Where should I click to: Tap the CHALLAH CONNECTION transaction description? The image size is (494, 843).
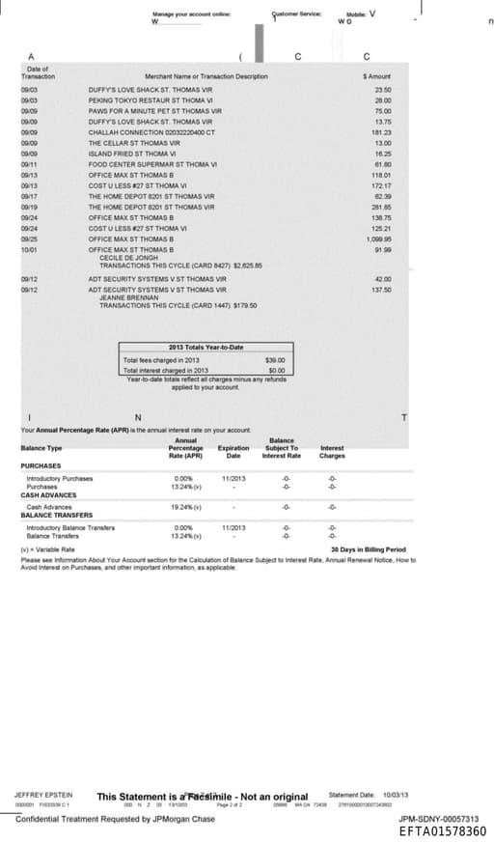(151, 132)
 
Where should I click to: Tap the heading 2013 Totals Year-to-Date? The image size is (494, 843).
(206, 348)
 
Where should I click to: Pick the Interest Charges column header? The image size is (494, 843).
(331, 452)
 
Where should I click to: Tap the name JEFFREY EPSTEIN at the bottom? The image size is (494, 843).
(43, 794)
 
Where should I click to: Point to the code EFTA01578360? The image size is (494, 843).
(443, 830)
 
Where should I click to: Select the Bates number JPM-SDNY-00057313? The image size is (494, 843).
(438, 819)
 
